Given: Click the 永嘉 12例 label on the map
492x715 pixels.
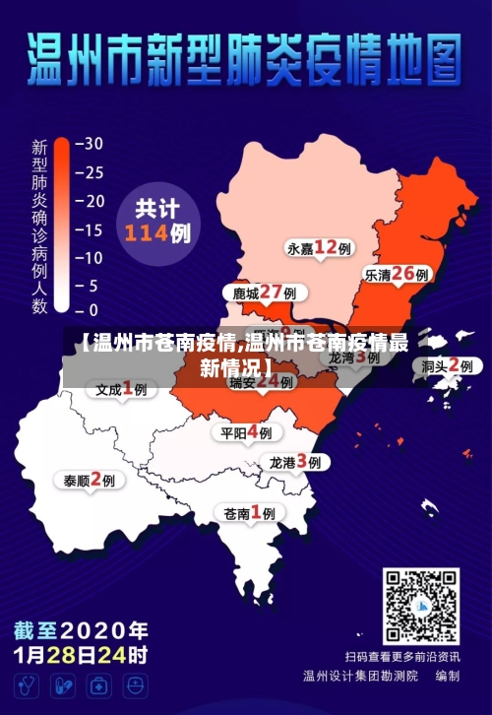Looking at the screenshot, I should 320,247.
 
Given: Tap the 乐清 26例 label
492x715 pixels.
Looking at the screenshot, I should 398,275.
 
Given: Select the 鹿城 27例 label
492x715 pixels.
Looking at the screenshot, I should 265,292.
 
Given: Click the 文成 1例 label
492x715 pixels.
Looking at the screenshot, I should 121,389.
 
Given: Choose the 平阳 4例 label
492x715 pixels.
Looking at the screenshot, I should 247,432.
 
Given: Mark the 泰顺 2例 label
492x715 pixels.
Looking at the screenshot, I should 90,480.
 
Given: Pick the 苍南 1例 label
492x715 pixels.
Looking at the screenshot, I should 250,512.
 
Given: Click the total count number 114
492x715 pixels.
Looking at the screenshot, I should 146,234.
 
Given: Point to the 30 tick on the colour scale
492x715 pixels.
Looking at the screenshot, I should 92,143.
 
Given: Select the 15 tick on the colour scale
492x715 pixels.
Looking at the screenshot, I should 92,230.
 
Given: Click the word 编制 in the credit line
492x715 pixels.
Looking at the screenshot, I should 446,676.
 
